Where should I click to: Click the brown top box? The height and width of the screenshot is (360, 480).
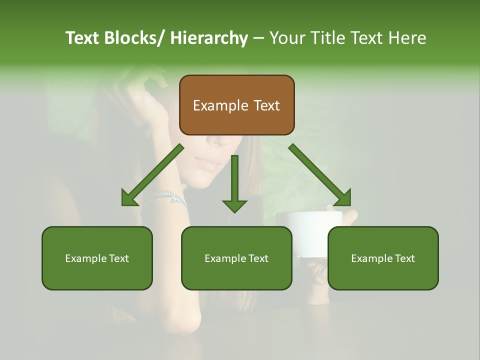pos(236,105)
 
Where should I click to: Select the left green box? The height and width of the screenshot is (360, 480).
pos(97,258)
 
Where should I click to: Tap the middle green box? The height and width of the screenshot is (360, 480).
pos(236,258)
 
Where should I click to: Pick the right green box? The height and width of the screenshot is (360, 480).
pos(383,258)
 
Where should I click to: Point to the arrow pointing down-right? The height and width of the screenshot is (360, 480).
pos(320,175)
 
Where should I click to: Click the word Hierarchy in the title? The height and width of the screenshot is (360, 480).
pos(208,38)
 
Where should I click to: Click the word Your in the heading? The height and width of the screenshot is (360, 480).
pos(287,38)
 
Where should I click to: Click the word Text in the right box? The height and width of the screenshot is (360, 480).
pos(404,258)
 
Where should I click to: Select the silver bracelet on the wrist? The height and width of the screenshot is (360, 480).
pos(171,197)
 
